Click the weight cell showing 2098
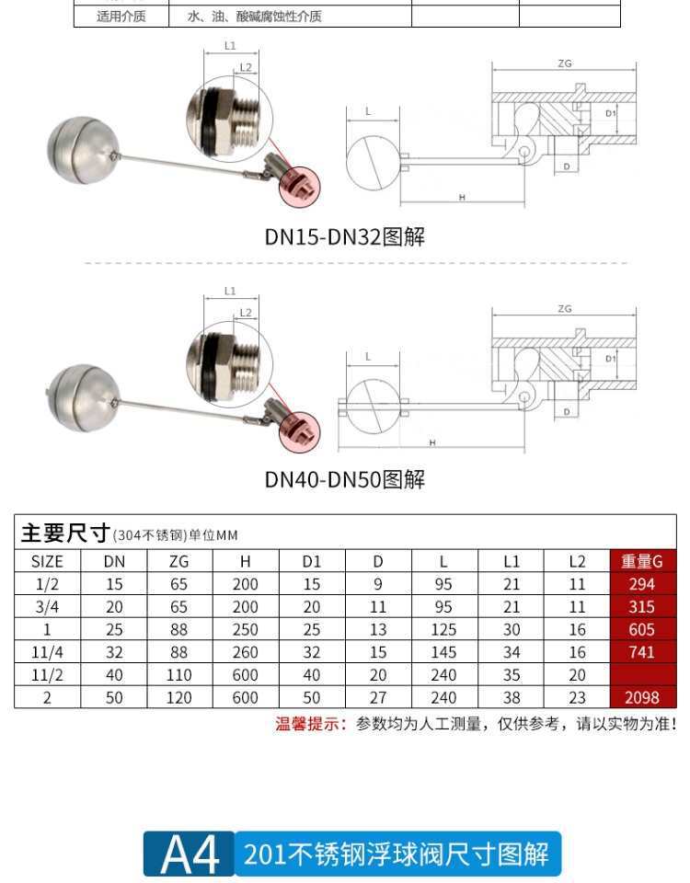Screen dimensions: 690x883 [642, 698]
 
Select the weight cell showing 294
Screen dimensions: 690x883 [642, 584]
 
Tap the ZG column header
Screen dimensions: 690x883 [179, 561]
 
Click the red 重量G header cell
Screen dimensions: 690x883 [642, 561]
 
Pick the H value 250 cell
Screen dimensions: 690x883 [246, 630]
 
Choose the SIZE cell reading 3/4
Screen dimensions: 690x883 [47, 607]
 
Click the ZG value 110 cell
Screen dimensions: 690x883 [179, 675]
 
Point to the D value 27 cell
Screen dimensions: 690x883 [378, 698]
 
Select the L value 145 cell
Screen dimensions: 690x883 [444, 652]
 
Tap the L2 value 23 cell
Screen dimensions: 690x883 [577, 698]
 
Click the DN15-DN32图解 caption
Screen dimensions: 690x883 [345, 236]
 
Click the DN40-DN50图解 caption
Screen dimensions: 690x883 [345, 479]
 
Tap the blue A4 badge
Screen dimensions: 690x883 [190, 854]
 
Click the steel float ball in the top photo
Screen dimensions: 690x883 [79, 150]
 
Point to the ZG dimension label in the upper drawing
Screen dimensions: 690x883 [565, 63]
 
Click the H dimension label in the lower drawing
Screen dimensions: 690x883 [431, 442]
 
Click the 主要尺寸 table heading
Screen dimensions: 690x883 [64, 533]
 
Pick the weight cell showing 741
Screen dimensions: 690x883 [642, 652]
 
